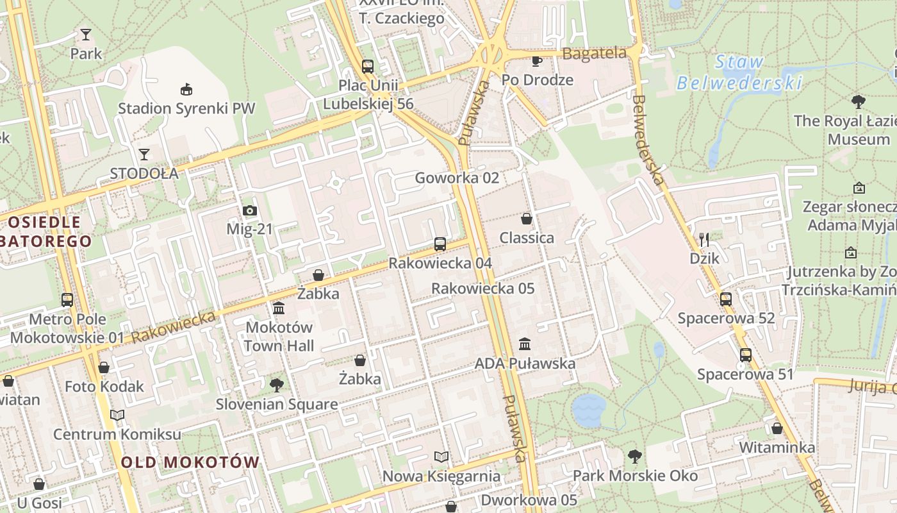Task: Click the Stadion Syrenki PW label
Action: point(186,108)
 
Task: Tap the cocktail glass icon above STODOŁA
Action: point(144,155)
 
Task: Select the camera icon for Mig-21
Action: point(250,210)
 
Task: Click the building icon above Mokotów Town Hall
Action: point(279,308)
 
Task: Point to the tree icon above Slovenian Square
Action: point(277,385)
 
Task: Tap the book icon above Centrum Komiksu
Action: point(117,416)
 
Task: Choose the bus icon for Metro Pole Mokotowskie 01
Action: point(67,299)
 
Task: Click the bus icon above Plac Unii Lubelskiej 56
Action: point(368,66)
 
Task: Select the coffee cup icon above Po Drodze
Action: point(537,61)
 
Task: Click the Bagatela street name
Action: point(594,54)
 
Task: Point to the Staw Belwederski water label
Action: point(739,72)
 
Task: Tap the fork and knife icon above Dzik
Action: point(704,240)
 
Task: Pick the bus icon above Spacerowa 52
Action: point(726,299)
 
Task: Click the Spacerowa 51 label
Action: point(745,374)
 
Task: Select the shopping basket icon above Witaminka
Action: point(777,428)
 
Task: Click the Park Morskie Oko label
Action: point(635,476)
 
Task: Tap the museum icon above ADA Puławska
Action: point(525,344)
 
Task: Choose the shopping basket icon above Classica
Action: point(527,219)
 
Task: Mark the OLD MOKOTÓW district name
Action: point(190,462)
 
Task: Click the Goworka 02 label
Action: point(457,178)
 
